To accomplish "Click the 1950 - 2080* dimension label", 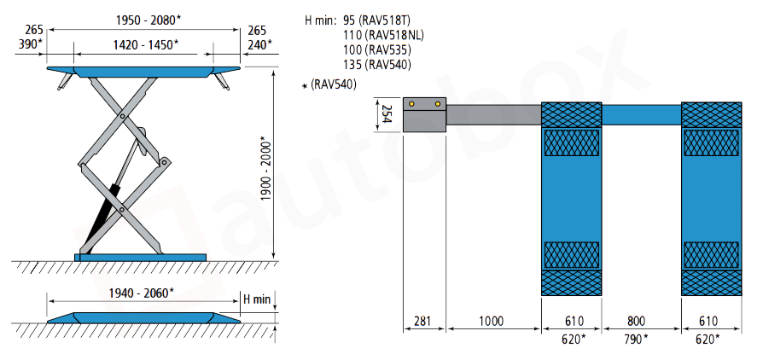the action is pos(149,20).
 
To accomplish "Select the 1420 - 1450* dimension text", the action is pos(146,44).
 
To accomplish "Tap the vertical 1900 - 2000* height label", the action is pos(265,169).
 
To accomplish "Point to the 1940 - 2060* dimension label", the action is pos(141,293).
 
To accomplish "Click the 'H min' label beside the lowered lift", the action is pos(256,299).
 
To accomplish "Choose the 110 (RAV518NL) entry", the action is pos(383,35).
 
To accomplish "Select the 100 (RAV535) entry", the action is pos(377,49).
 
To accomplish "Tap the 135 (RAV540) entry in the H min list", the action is pos(377,64).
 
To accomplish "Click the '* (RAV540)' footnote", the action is pos(329,84).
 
